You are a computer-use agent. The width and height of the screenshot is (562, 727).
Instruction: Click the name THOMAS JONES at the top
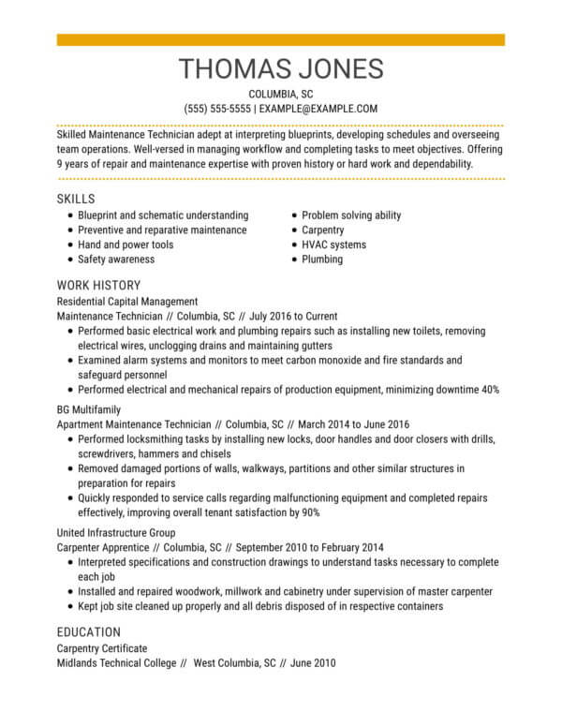click(x=280, y=69)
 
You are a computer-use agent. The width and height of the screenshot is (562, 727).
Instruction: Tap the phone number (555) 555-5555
click(x=217, y=109)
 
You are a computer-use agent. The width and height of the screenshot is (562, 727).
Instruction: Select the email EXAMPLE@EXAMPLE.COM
click(x=318, y=109)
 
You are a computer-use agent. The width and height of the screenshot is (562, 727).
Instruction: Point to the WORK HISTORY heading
click(x=98, y=285)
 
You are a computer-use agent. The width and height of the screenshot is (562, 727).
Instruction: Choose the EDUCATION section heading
click(x=88, y=631)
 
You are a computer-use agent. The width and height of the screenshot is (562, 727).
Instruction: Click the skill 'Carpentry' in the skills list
click(x=322, y=230)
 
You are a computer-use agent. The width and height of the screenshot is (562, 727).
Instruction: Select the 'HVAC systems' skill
click(x=333, y=245)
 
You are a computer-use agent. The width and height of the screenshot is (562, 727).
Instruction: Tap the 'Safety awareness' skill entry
click(x=116, y=259)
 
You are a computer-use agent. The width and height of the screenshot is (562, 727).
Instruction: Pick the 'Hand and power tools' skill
click(x=126, y=245)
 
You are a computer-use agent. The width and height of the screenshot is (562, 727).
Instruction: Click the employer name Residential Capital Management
click(x=127, y=302)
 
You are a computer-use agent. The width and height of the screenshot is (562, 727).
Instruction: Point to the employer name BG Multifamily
click(x=89, y=409)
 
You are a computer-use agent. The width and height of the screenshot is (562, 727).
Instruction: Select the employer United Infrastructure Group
click(x=117, y=532)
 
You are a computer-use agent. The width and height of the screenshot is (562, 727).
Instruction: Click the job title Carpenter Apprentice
click(x=101, y=547)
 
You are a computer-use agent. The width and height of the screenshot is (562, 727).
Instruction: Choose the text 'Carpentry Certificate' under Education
click(x=102, y=648)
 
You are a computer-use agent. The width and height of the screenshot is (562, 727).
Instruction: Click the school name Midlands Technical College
click(x=116, y=663)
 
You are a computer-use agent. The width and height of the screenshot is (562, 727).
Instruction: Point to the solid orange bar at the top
click(x=280, y=40)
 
